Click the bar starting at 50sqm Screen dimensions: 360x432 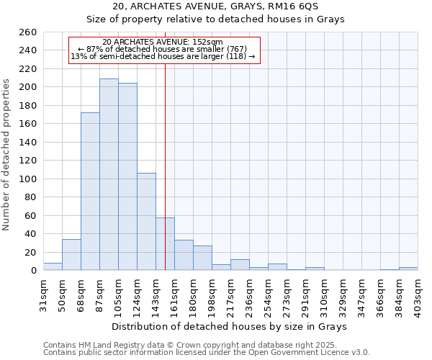(71, 255)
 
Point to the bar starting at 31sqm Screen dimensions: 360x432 (53, 266)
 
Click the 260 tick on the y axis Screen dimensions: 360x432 (29, 32)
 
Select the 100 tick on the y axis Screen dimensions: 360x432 (29, 179)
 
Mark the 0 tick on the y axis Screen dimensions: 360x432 (34, 271)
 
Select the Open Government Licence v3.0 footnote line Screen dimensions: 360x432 (206, 352)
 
